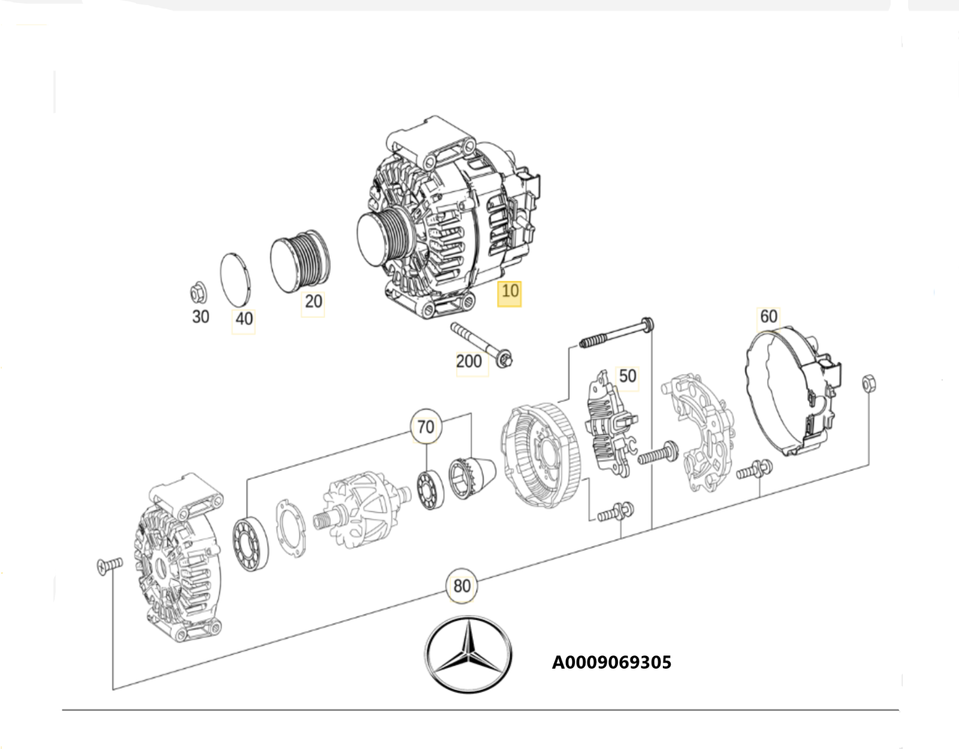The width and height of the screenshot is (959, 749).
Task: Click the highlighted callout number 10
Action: tap(509, 292)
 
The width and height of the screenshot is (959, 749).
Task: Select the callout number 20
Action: tap(313, 301)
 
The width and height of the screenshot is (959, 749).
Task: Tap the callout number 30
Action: tap(200, 317)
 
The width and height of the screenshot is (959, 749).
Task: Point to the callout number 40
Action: tap(244, 319)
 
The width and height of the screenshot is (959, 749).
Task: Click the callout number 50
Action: tap(627, 376)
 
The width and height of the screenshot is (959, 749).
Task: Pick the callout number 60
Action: tap(768, 316)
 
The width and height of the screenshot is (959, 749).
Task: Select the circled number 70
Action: tap(426, 427)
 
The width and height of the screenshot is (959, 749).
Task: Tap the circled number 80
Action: tap(462, 585)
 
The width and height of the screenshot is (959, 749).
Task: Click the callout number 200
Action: tap(468, 361)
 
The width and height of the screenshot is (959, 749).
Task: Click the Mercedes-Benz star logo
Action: tap(468, 654)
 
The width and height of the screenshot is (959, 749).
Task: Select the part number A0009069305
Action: tap(611, 663)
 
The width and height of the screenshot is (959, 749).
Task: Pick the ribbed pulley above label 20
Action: tap(300, 261)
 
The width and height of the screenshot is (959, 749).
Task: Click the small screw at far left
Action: tap(109, 565)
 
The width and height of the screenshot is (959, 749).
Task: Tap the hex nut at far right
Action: tap(868, 383)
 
